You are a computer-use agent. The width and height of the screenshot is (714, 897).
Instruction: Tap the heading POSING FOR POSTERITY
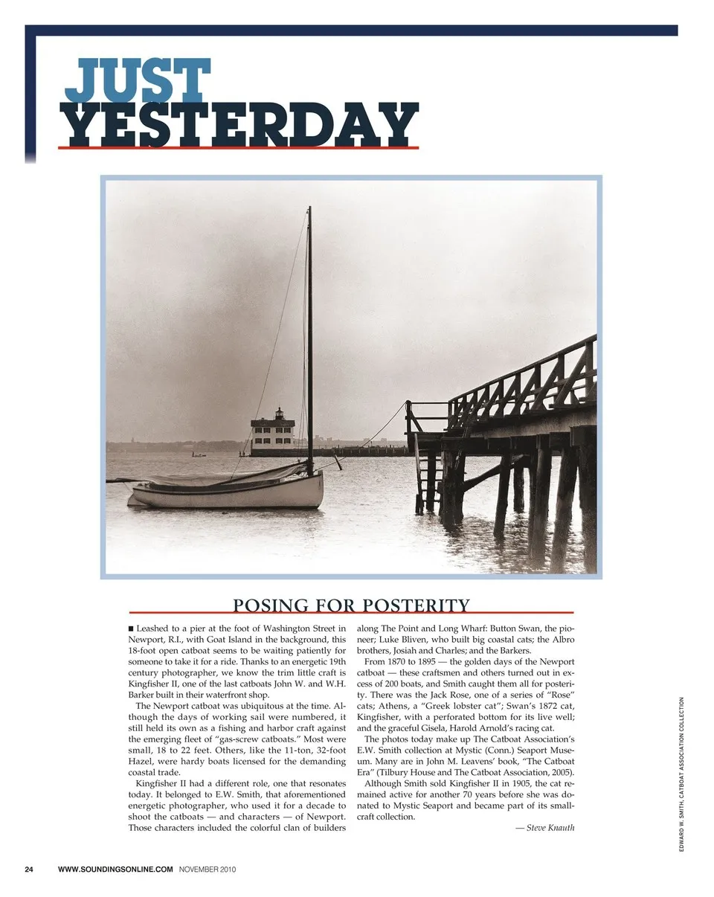pyautogui.click(x=351, y=605)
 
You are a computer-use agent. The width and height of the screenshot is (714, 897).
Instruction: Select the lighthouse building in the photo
pyautogui.click(x=273, y=434)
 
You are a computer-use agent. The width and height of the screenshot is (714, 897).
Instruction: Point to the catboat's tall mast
pyautogui.click(x=309, y=335)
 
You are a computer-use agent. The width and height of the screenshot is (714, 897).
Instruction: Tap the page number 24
pyautogui.click(x=29, y=869)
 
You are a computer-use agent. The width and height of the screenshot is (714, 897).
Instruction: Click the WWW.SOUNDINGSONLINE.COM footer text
pyautogui.click(x=115, y=869)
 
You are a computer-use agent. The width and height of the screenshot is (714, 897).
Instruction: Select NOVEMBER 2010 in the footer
pyautogui.click(x=208, y=869)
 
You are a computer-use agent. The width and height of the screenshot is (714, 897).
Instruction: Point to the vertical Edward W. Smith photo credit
pyautogui.click(x=682, y=774)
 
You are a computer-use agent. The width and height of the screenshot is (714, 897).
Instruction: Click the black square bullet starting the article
pyautogui.click(x=132, y=629)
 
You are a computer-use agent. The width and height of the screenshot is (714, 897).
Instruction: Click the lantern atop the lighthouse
pyautogui.click(x=280, y=413)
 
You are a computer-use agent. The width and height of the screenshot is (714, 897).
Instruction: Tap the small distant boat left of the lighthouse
pyautogui.click(x=198, y=454)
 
